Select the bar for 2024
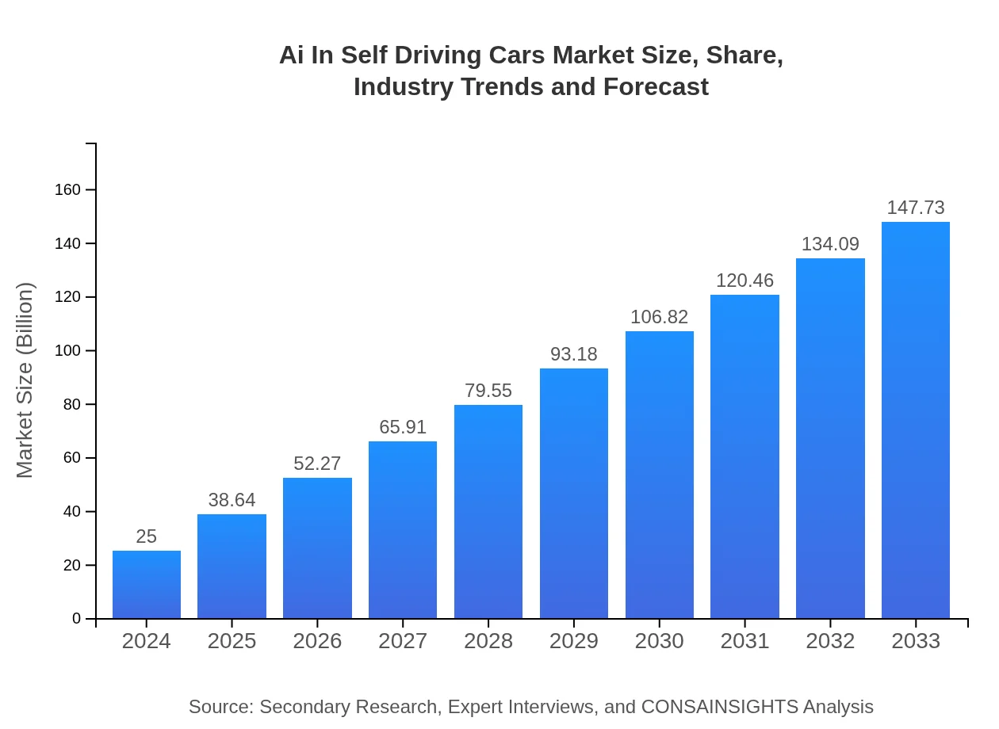point(146,585)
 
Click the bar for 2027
point(403,530)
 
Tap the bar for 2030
point(659,475)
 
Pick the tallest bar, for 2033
point(915,420)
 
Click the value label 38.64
point(232,500)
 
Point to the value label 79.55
point(488,391)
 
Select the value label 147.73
point(915,208)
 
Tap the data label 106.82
point(659,317)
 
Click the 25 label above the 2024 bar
point(146,536)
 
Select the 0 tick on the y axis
point(77,619)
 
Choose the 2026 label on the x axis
point(317,641)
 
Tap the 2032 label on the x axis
point(830,641)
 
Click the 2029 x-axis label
point(574,641)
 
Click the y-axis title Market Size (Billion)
point(25,380)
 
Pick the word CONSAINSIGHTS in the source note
point(719,707)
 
